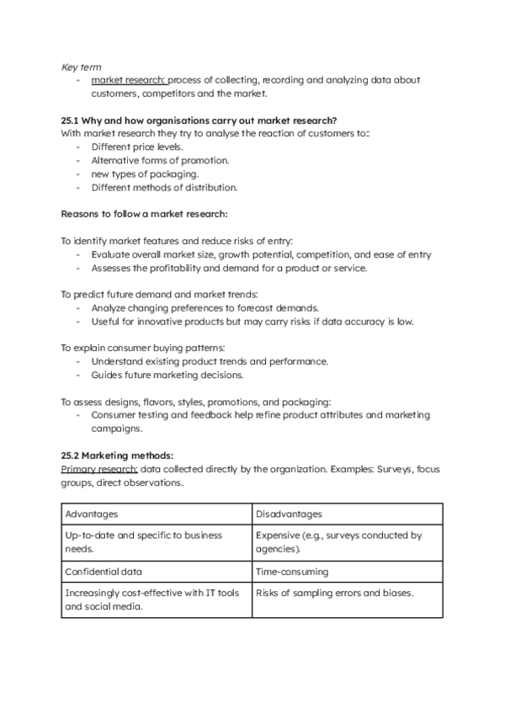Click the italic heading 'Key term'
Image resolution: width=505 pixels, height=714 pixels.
point(78,65)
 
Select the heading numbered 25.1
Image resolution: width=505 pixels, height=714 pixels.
point(205,119)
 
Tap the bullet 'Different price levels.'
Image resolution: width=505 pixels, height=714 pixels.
point(137,147)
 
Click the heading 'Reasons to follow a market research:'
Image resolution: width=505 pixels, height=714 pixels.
point(145,214)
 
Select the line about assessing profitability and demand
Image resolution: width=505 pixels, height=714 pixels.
point(230,268)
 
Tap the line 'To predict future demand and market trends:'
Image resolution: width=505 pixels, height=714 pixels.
point(159,295)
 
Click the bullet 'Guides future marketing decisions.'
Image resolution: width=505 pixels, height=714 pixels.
point(167,375)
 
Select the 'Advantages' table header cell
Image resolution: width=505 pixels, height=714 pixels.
point(157,514)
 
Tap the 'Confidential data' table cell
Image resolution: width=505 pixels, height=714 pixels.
point(157,572)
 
